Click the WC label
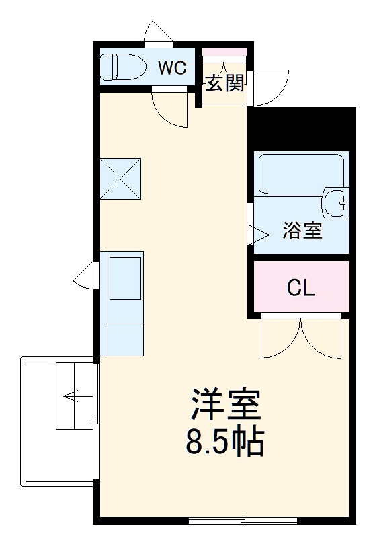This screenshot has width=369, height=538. tap(172, 67)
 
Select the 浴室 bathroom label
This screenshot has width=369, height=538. tap(302, 231)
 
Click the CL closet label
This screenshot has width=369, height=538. tap(300, 288)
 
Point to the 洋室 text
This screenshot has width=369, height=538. tap(223, 406)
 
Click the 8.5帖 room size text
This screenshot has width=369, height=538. tap(223, 441)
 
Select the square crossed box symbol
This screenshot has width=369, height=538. tap(121, 179)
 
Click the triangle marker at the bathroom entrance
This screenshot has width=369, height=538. tap(256, 233)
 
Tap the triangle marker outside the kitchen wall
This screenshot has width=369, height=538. tap(85, 276)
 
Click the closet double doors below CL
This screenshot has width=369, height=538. tap(301, 336)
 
